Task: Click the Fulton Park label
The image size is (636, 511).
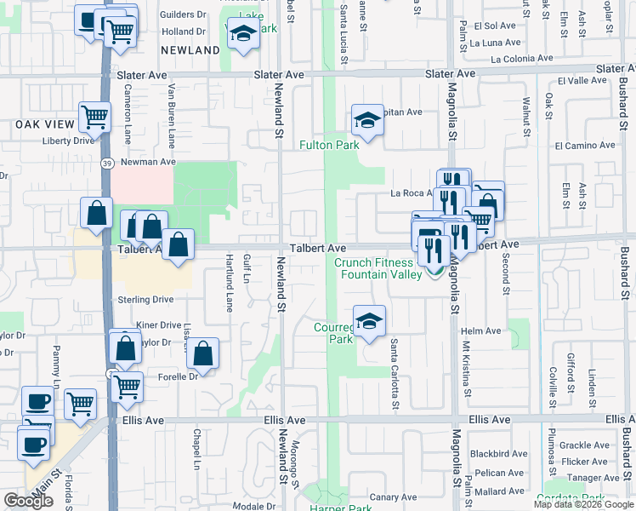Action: [x=329, y=145]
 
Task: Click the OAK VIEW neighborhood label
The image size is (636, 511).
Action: [x=40, y=124]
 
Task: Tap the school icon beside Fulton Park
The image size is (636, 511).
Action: [x=367, y=121]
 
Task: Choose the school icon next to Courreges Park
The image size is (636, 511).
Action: [x=369, y=321]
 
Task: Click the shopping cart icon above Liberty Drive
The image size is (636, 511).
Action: [x=95, y=117]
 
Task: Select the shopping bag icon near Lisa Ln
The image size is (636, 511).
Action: [x=203, y=353]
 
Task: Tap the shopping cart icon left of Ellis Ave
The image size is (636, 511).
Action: [x=80, y=404]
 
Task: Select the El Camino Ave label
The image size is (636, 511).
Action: [x=584, y=146]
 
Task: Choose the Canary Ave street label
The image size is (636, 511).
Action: [x=393, y=497]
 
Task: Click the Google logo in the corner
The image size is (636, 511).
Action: [x=28, y=501]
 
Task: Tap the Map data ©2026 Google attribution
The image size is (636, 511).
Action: [x=583, y=504]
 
